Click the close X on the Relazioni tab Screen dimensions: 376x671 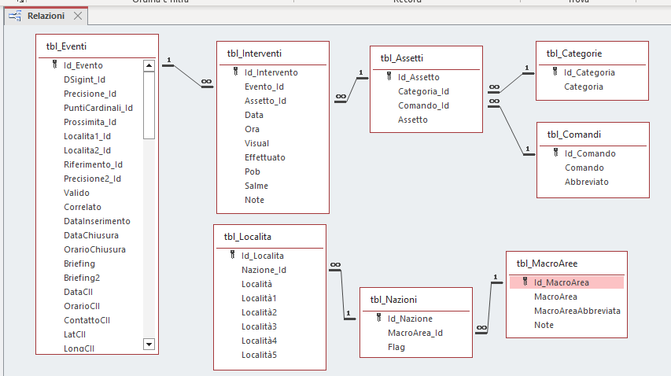pos(77,16)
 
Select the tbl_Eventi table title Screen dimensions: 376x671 pos(67,46)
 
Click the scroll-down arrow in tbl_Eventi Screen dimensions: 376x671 pos(149,344)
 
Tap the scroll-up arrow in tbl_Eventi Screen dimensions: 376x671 pos(149,65)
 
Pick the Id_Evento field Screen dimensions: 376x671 pos(83,65)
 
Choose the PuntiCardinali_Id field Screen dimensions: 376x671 pos(98,108)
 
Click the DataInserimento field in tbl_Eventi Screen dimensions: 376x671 pos(98,221)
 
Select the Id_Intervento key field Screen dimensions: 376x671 pos(271,72)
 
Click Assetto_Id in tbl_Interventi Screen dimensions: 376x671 pos(265,101)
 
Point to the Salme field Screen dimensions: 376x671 pos(256,186)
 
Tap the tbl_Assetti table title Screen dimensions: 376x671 pos(402,57)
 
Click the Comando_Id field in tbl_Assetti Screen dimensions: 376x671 pos(423,105)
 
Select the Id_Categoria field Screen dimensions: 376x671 pos(589,72)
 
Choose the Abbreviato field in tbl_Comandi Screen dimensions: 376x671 pos(586,182)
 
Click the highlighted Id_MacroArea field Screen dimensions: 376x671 pos(561,282)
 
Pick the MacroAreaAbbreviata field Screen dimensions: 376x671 pos(577,311)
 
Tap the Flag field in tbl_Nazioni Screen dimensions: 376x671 pos(396,347)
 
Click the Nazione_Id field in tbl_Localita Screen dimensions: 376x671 pos(264,270)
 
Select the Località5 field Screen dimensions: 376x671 pos(259,355)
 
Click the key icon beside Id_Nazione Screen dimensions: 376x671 pos(378,319)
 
